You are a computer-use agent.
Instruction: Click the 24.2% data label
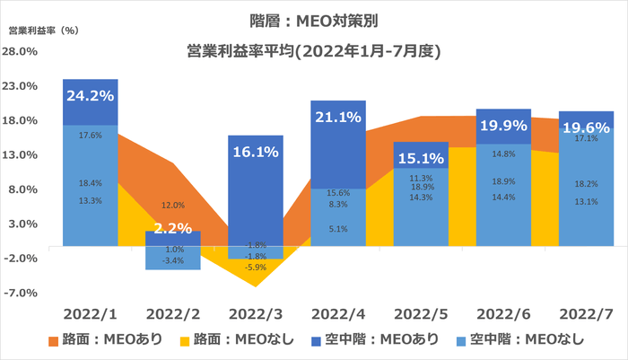90,94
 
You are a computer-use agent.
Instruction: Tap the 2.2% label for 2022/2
172,229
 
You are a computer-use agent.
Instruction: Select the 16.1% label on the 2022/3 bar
256,153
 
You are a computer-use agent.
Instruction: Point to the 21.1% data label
338,116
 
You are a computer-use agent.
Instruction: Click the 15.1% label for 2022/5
421,158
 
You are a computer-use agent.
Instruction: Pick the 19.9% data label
503,124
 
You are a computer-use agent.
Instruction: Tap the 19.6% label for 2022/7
586,127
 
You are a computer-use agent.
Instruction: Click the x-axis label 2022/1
91,314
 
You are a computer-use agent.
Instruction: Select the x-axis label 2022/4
338,314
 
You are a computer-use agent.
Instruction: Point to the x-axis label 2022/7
586,314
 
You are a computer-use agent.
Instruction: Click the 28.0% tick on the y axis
21,51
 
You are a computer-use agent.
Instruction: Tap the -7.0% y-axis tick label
21,293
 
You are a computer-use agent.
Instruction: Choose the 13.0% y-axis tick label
21,154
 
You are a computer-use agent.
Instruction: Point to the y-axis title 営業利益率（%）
45,30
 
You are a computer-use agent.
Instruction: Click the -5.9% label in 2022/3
256,267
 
